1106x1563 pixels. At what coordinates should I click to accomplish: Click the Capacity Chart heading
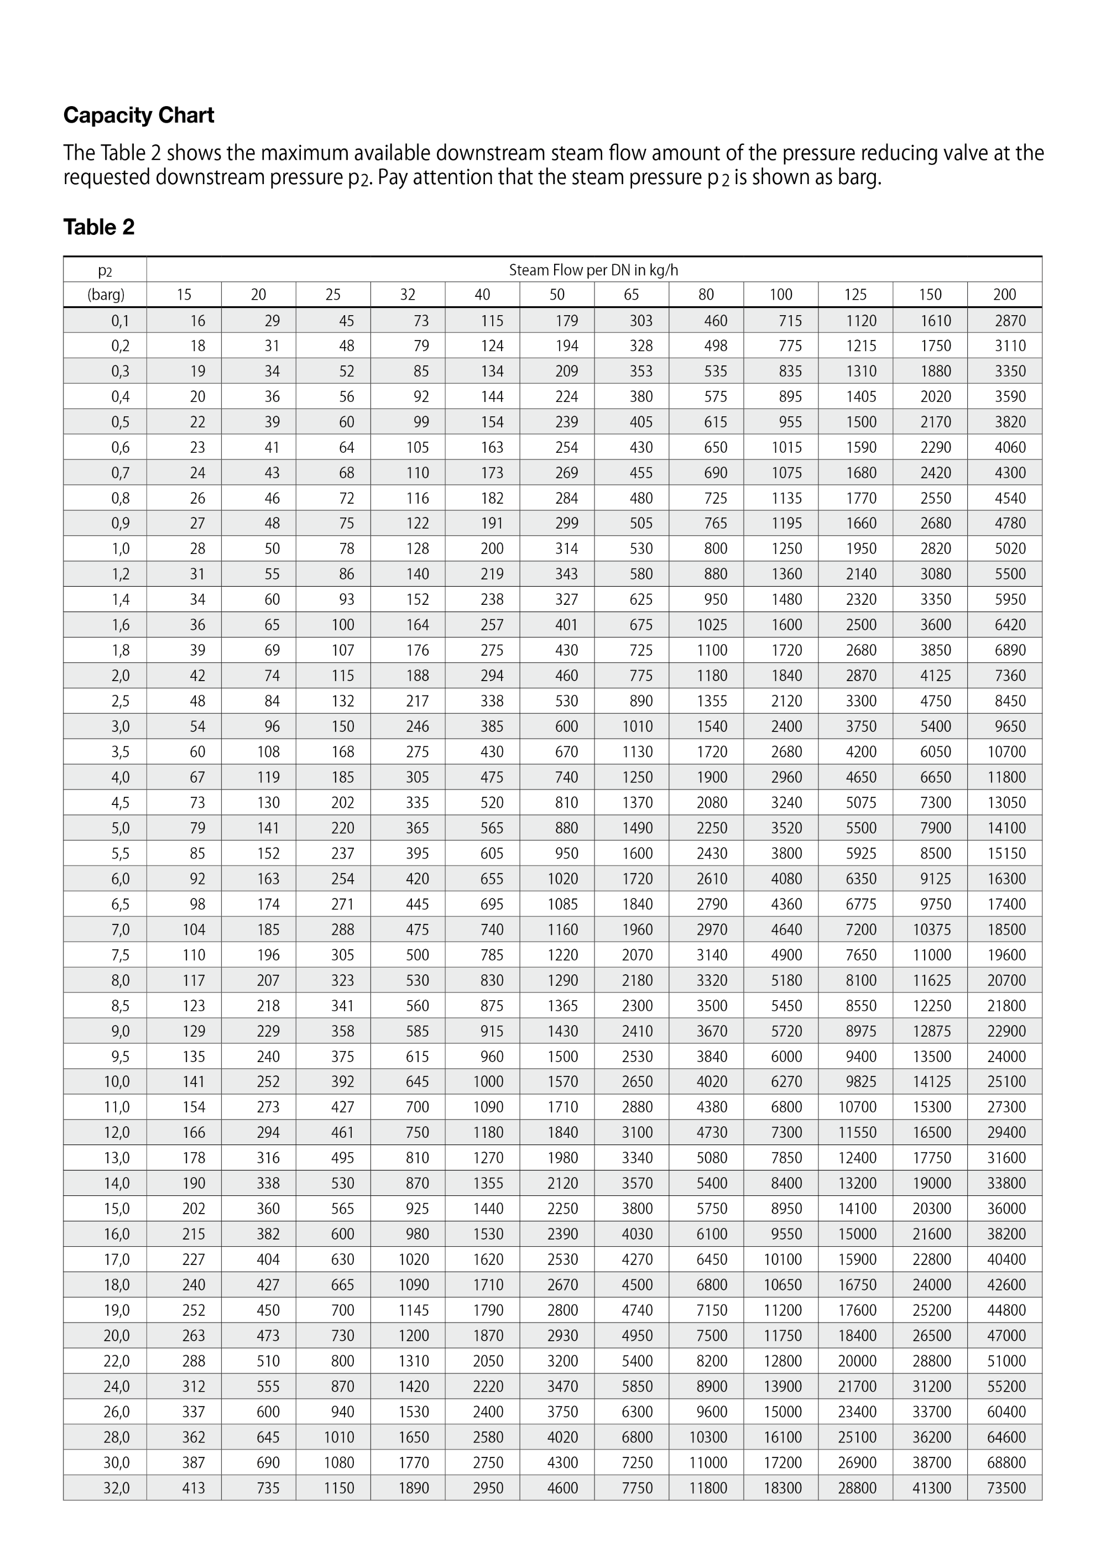138,115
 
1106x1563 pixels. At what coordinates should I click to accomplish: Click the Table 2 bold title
99,227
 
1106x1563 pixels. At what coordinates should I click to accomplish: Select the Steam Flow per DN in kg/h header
593,270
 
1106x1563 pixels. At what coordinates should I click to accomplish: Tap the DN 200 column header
1005,295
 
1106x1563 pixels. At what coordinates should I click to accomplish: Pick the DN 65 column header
632,295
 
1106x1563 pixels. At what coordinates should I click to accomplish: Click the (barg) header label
106,295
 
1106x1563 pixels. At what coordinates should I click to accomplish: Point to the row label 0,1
120,321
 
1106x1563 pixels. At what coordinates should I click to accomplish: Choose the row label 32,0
117,1487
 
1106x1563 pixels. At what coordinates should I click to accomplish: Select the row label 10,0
117,1081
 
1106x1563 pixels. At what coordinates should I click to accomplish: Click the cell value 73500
1006,1487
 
